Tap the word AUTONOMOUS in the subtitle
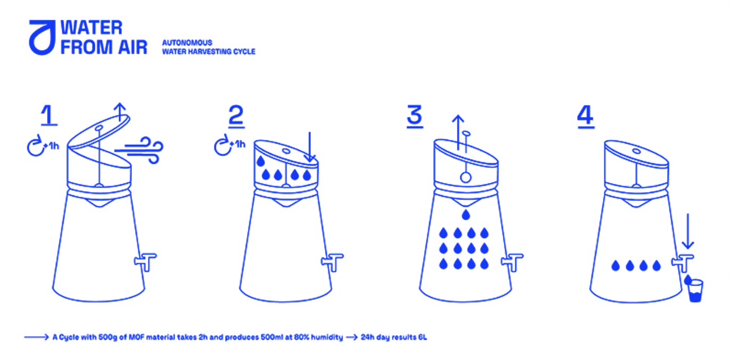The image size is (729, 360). click(x=187, y=43)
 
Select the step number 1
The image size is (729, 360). click(x=49, y=115)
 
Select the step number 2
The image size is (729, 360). click(x=236, y=116)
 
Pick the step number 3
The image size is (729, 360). click(x=415, y=116)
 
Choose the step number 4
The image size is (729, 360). click(x=586, y=116)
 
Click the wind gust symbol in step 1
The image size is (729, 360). click(x=139, y=150)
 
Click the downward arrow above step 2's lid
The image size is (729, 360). click(x=310, y=146)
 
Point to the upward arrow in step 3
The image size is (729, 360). click(x=458, y=132)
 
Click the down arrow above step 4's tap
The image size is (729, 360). click(x=687, y=231)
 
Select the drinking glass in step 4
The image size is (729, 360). click(x=695, y=291)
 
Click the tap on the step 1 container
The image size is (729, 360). click(x=145, y=262)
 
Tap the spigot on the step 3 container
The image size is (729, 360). click(x=512, y=262)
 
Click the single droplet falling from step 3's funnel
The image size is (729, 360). click(x=466, y=215)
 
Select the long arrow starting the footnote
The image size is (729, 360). click(x=36, y=337)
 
